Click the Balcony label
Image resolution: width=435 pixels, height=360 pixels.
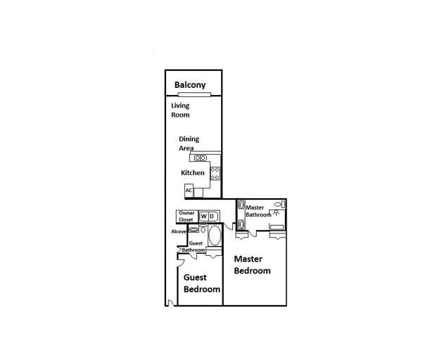tap(190, 85)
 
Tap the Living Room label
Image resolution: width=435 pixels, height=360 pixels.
tap(181, 110)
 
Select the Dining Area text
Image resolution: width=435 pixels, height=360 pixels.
tap(189, 143)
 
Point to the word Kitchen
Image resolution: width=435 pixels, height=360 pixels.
tap(193, 173)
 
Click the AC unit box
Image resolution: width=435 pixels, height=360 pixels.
tap(189, 190)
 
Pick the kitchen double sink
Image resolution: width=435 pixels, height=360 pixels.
tap(201, 157)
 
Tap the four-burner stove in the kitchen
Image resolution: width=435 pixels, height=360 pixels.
tap(215, 172)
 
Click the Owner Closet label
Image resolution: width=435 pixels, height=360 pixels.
tap(186, 216)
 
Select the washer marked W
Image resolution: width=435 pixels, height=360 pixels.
tap(203, 216)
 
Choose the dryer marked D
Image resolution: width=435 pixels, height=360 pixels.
tap(211, 216)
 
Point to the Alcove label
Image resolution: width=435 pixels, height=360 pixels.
tap(179, 231)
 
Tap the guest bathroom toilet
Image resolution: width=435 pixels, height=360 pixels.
tap(203, 229)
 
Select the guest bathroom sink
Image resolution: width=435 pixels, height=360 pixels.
tap(194, 230)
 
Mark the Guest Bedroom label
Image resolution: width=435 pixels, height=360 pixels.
tap(201, 283)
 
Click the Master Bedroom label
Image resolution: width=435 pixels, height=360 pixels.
tap(252, 264)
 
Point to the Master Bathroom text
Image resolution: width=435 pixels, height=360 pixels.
tap(258, 210)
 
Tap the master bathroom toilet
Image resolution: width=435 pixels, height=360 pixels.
tap(277, 203)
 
